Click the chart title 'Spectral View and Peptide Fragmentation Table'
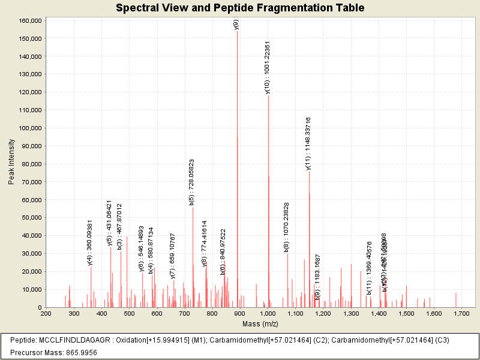(239, 8)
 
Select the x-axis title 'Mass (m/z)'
(260, 324)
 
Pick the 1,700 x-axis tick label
(462, 313)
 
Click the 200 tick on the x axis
(46, 313)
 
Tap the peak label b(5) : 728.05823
(192, 182)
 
